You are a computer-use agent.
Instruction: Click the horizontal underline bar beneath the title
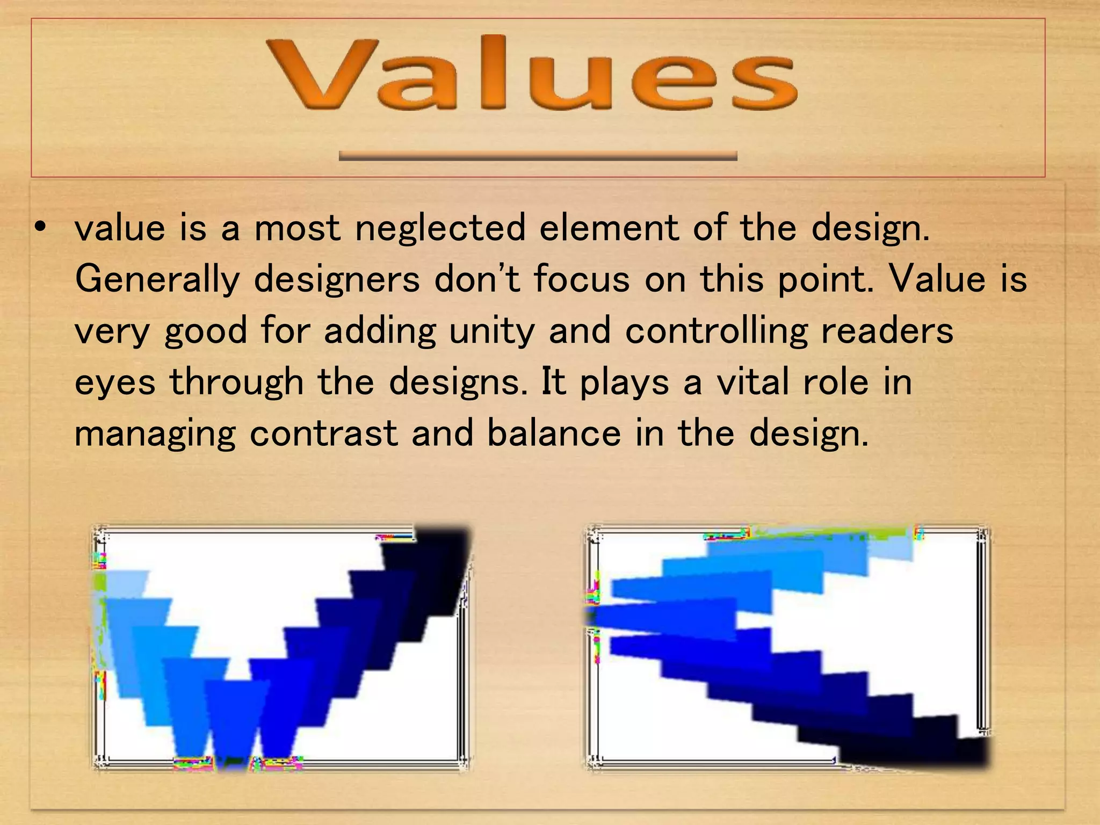[x=538, y=156]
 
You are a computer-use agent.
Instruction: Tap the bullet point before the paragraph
[x=39, y=227]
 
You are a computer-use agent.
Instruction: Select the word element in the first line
[x=609, y=227]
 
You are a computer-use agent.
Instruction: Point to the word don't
[x=477, y=279]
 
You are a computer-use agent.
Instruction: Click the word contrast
[x=323, y=433]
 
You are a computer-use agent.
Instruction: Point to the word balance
[x=554, y=433]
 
